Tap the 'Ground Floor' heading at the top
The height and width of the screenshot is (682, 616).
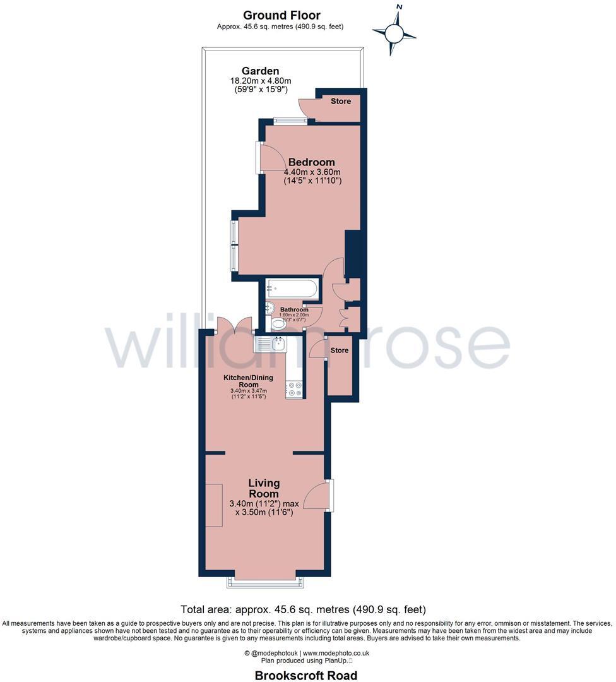coord(281,15)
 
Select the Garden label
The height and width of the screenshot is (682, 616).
coord(260,71)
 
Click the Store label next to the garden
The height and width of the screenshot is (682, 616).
coord(341,101)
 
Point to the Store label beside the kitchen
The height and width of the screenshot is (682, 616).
coord(340,350)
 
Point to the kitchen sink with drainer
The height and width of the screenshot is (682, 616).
coord(270,344)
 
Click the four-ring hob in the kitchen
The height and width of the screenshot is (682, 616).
coord(293,389)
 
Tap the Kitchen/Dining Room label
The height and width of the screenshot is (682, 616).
coord(249,381)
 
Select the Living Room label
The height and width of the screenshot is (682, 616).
coord(264,488)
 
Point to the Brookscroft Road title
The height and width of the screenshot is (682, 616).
coord(306,675)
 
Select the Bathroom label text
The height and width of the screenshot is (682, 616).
coord(294,309)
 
